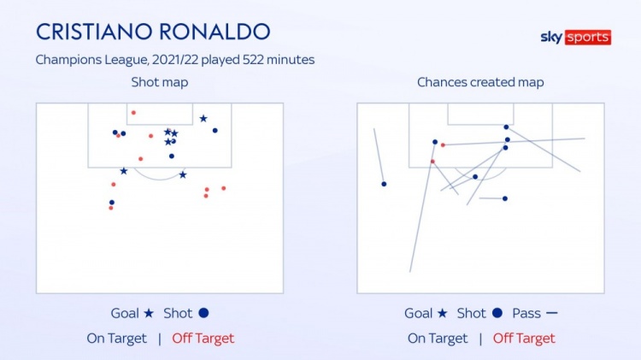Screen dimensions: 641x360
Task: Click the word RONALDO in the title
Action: coord(215,32)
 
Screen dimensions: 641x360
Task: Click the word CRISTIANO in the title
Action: coord(94,32)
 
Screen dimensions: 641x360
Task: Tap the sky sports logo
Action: coord(575,38)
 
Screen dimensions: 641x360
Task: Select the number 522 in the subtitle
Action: coord(253,60)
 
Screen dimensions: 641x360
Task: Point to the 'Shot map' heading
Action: coord(160,82)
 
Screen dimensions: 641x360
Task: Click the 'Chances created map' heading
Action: coord(480,82)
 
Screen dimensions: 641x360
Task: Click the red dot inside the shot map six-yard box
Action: coord(133,113)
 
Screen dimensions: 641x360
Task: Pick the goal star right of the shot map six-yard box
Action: coord(203,119)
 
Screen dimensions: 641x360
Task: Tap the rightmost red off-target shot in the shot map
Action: coord(224,188)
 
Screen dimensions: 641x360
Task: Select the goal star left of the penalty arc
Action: coord(123,171)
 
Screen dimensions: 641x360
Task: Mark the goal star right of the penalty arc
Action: coord(183,175)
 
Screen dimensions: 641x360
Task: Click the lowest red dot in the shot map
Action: coord(111,208)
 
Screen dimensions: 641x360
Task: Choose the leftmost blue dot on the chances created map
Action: coord(384,184)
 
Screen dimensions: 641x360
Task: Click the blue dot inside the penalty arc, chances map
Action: coord(475,177)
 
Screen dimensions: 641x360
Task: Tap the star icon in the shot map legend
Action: coord(149,313)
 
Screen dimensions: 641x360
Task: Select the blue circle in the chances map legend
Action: coord(497,313)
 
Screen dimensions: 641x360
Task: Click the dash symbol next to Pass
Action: coord(551,313)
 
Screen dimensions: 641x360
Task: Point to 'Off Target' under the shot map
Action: coord(203,339)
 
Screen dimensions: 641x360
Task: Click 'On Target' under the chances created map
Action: coord(438,339)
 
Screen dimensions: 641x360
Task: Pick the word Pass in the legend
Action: coord(526,313)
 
